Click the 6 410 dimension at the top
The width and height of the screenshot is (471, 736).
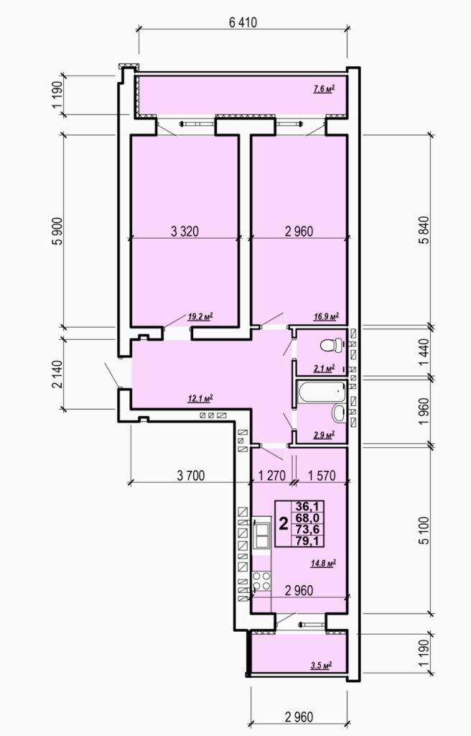tap(243, 22)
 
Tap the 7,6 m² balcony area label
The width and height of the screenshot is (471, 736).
tap(324, 88)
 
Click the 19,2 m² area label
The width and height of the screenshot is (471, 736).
tap(200, 317)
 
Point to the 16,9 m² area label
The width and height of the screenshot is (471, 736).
tap(326, 317)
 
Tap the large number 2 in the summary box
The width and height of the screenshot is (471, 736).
tap(284, 523)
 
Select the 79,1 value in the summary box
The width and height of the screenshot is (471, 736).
tap(307, 540)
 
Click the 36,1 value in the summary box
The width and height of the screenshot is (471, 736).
tap(307, 506)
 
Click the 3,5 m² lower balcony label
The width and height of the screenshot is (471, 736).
tap(322, 665)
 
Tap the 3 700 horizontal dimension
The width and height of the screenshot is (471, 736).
tap(191, 476)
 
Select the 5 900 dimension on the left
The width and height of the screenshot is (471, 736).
tap(57, 231)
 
